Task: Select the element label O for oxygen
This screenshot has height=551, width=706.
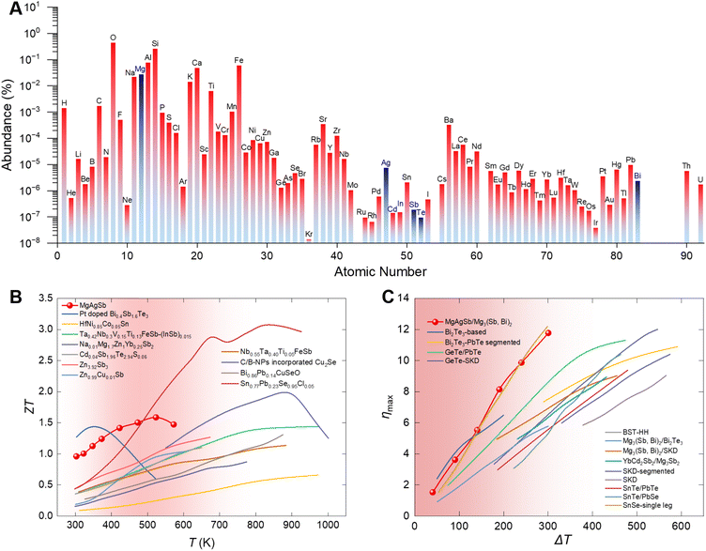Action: (x=114, y=38)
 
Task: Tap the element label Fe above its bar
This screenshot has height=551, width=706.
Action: (x=238, y=60)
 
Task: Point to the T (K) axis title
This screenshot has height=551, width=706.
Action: (x=199, y=543)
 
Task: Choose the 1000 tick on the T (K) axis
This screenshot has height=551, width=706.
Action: (x=328, y=526)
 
